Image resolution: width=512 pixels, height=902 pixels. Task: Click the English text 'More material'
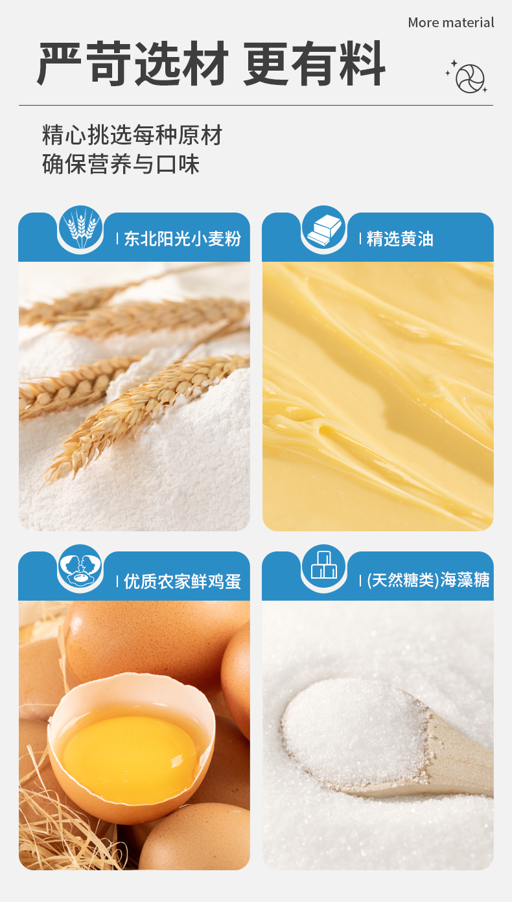click(x=451, y=23)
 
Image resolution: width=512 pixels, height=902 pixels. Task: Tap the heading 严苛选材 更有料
click(x=211, y=64)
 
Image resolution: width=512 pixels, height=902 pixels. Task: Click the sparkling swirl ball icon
click(x=467, y=77)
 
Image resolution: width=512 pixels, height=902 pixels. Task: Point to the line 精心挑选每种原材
click(x=132, y=135)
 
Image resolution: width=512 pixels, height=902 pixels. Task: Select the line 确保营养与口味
click(x=121, y=164)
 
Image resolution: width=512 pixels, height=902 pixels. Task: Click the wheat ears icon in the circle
click(x=80, y=228)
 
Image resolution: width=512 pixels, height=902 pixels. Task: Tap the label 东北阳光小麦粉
click(x=182, y=239)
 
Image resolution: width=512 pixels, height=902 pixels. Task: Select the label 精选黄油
click(x=400, y=239)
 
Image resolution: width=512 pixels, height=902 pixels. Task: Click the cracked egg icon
click(x=80, y=567)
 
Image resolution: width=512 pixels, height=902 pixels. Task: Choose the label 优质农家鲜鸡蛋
click(x=182, y=581)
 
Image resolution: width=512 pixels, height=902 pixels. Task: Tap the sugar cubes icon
click(x=324, y=566)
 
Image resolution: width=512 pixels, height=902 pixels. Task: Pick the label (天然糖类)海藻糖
click(x=428, y=580)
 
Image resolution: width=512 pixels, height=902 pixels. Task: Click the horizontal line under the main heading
click(x=256, y=106)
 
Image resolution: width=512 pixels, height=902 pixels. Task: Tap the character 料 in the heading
click(x=362, y=64)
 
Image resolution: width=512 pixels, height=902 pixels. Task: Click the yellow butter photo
click(x=378, y=396)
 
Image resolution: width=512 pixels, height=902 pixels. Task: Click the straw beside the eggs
click(x=60, y=829)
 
